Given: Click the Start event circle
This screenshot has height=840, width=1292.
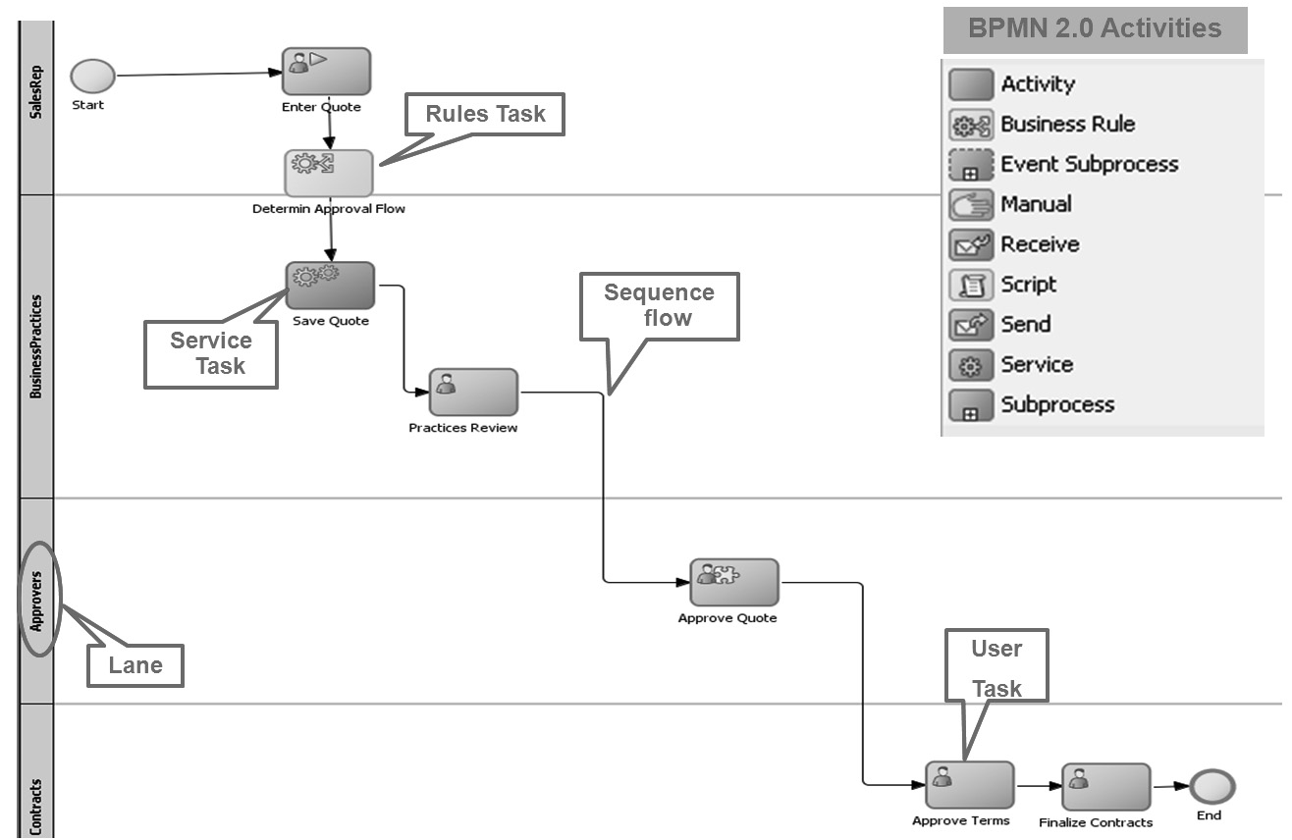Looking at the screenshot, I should coord(92,76).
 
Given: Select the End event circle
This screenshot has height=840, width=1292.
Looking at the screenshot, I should coord(1211,787).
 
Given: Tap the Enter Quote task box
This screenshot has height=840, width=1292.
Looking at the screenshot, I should coord(326,72).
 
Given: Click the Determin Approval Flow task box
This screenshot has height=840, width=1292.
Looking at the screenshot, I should coord(329,173).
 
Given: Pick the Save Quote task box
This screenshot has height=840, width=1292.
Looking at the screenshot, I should coord(330,286).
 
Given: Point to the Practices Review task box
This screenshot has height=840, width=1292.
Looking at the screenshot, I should coord(473,393).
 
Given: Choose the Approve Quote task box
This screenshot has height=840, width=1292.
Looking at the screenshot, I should coord(733,583).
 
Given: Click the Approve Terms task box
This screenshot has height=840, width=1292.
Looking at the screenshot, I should coord(969,785).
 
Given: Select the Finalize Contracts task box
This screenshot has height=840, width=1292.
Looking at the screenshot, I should coord(1105,787).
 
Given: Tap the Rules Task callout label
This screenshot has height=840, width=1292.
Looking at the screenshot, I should coord(485,115).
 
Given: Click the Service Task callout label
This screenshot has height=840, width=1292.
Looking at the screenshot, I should coord(211,353).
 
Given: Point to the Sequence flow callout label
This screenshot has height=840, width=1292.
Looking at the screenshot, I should coord(659,305).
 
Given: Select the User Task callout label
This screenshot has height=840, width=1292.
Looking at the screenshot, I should coord(996,667).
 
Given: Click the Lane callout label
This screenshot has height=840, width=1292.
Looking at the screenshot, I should coord(135,665).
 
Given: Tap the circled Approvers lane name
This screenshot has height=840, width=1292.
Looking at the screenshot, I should coord(38,598).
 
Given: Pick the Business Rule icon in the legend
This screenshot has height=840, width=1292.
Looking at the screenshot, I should coord(971,125).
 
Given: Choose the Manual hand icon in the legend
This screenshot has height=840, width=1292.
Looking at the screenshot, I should coord(971,205).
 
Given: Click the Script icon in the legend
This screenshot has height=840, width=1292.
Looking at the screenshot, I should coord(971,285).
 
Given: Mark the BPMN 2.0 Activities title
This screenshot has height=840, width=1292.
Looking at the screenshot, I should coord(1095,28).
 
